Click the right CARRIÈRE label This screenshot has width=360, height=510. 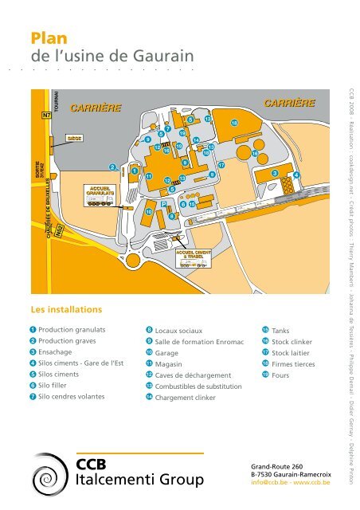[x=289, y=103]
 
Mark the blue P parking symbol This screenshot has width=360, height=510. [x=164, y=204]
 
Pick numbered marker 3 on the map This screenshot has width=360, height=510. [x=274, y=173]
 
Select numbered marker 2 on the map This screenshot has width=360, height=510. [x=113, y=167]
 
